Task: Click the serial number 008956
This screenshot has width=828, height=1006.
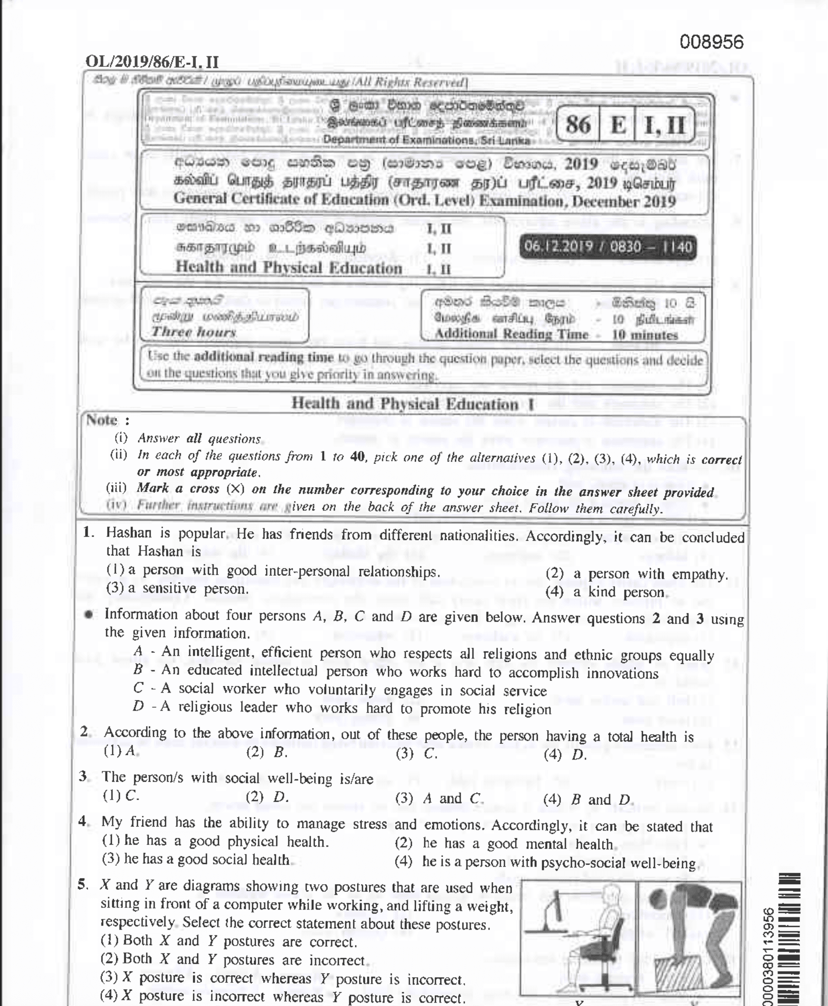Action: pos(711,42)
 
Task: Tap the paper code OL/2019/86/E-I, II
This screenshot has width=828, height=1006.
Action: pos(152,62)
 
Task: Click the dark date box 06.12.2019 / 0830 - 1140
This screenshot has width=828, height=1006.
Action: pos(608,247)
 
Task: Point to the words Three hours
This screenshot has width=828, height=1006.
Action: pos(194,332)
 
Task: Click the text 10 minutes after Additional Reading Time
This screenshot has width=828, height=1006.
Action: pos(645,335)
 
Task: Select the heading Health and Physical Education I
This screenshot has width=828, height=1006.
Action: pos(413,403)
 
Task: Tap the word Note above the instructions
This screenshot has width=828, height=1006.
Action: pos(103,420)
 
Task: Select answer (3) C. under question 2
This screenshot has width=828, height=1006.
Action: pos(416,754)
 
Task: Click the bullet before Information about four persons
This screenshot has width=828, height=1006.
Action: pos(89,615)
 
